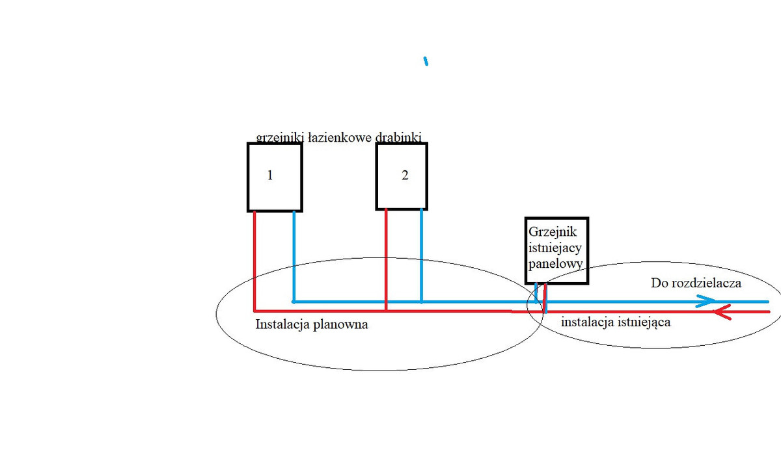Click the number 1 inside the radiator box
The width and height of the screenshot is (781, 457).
[x=269, y=176]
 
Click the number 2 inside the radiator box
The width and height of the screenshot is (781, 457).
[x=405, y=176]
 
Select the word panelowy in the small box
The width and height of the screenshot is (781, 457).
[x=555, y=264]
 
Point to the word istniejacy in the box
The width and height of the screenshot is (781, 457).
[x=555, y=248]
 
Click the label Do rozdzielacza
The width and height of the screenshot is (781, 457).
[x=696, y=283]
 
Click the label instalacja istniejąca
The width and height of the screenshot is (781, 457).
[x=616, y=321]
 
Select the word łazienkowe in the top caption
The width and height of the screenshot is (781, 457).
[x=331, y=137]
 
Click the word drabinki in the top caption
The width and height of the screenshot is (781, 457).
[x=399, y=137]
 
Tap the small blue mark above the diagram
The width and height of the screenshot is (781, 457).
[x=426, y=62]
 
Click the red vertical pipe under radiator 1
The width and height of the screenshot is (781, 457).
[x=254, y=260]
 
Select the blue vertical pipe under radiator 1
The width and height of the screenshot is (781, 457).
[x=294, y=257]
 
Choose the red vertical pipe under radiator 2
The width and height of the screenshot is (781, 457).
[x=387, y=260]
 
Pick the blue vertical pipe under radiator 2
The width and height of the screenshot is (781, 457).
[x=422, y=257]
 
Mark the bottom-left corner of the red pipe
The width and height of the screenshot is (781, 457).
[x=254, y=311]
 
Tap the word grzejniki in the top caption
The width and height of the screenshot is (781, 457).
[x=278, y=137]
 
